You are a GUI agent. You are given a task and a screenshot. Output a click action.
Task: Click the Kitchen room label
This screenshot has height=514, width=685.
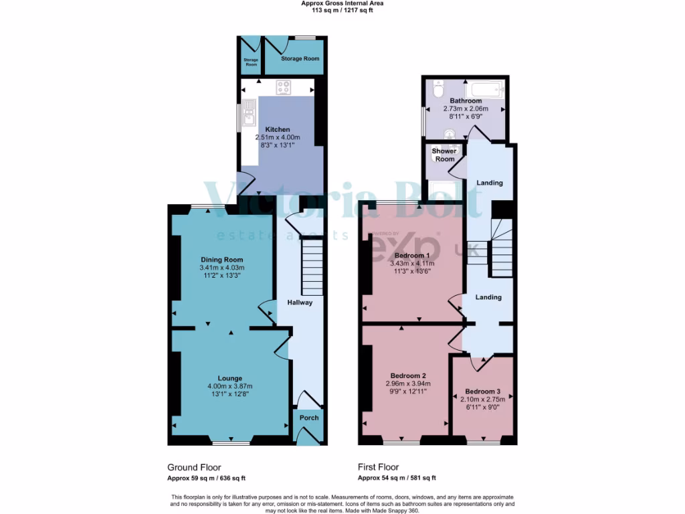click(278, 129)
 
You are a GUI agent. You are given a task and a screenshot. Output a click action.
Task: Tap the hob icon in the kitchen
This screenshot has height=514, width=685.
click(284, 86)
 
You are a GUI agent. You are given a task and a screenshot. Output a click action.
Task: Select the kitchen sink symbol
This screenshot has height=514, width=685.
click(250, 112)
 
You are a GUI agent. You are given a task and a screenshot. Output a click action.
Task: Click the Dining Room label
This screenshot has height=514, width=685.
click(222, 260)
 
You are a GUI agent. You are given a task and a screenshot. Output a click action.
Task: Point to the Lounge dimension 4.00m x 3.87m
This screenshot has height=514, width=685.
click(229, 386)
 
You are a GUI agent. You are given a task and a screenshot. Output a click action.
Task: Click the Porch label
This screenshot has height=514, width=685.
click(309, 418)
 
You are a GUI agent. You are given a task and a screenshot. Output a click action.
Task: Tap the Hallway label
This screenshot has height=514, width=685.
click(300, 303)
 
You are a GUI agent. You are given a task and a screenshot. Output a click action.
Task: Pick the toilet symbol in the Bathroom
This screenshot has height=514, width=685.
click(438, 88)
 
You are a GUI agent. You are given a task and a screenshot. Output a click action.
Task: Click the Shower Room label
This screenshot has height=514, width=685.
click(445, 155)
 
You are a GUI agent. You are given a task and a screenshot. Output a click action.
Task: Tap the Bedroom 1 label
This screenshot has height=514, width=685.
click(411, 256)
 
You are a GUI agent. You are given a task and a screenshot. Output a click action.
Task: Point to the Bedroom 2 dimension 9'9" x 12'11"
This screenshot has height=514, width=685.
click(408, 393)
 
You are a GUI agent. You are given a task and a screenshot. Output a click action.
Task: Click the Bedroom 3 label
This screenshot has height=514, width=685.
click(482, 391)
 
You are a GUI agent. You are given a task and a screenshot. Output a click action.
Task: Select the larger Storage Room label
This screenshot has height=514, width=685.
click(300, 58)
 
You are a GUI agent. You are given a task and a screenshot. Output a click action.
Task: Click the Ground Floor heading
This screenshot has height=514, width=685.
click(194, 467)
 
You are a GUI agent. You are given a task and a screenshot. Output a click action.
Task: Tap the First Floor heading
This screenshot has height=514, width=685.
click(379, 467)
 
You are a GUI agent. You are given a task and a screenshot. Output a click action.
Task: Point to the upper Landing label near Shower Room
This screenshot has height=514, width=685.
click(489, 183)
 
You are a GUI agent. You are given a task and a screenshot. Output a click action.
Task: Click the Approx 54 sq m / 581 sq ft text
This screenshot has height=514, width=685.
click(397, 478)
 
